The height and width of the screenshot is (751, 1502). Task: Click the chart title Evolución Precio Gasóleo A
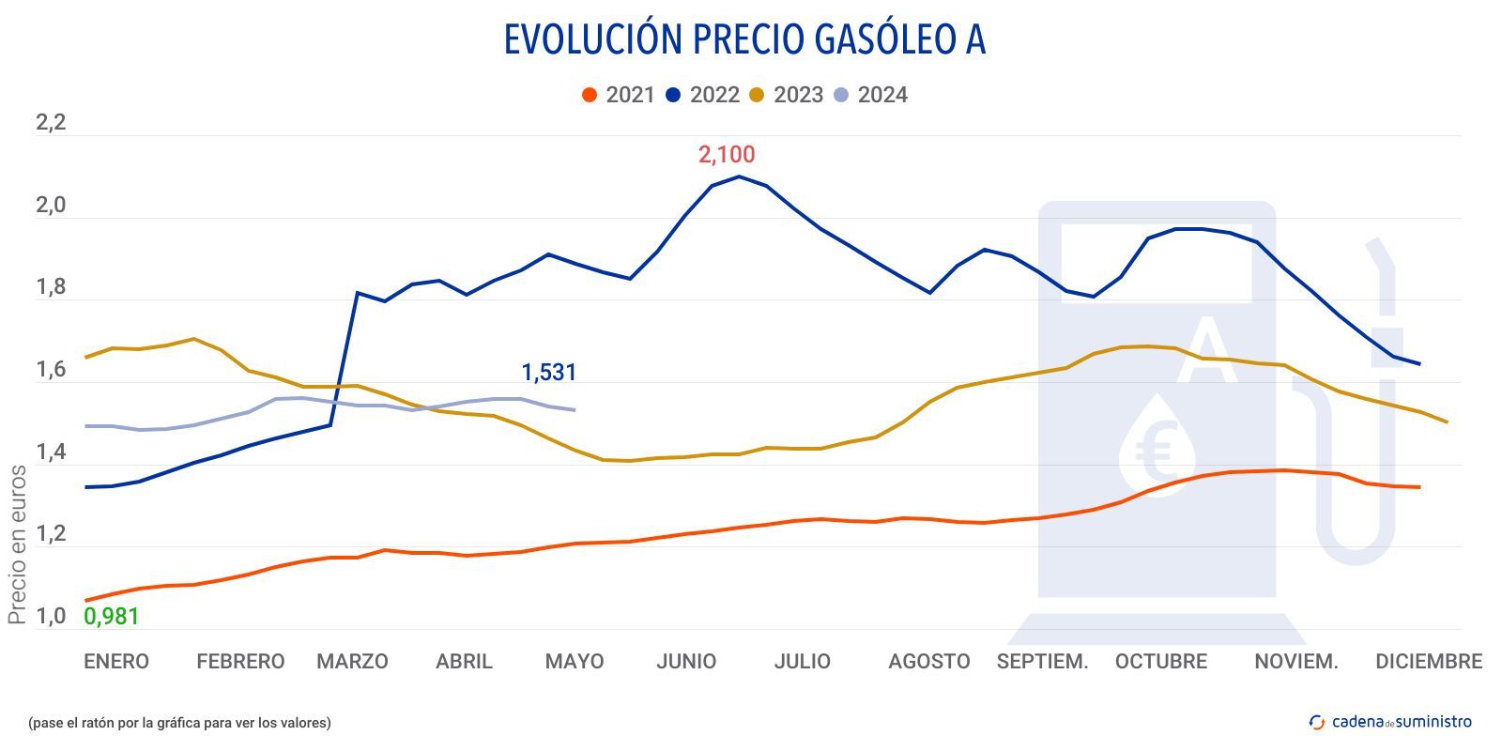click(x=744, y=39)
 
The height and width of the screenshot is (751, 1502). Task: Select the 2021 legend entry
click(x=619, y=95)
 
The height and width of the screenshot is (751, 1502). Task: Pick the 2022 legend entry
click(x=702, y=95)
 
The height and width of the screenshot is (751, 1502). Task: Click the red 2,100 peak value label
click(x=726, y=155)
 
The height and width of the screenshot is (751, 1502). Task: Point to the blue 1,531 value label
click(x=548, y=373)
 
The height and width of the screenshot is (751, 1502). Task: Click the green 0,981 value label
click(x=112, y=617)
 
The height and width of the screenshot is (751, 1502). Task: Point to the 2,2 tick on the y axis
click(x=51, y=123)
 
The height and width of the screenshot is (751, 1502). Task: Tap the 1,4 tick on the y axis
click(x=51, y=452)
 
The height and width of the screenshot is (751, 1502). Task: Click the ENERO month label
click(x=116, y=662)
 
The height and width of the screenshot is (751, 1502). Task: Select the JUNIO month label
click(x=686, y=662)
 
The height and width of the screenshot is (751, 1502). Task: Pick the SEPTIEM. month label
click(x=1042, y=662)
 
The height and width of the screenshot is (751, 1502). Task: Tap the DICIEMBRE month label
click(x=1428, y=662)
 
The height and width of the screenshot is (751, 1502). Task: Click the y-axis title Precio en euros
click(x=17, y=544)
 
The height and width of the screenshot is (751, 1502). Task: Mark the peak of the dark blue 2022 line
click(x=740, y=176)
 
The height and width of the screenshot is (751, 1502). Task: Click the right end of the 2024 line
click(x=575, y=409)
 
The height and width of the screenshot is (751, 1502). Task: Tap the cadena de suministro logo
click(x=1390, y=722)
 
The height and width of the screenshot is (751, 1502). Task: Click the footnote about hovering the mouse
click(x=179, y=723)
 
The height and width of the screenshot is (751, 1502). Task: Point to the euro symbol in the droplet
click(x=1156, y=452)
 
